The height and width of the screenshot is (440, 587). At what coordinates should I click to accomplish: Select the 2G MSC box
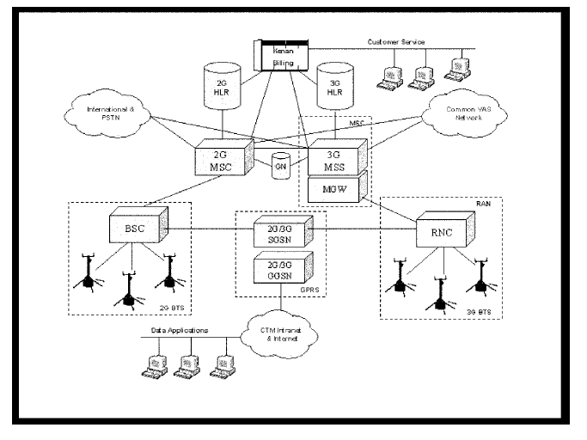[225, 155]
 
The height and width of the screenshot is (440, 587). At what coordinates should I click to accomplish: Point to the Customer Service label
[396, 41]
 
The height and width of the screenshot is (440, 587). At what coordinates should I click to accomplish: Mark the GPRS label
[310, 289]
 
